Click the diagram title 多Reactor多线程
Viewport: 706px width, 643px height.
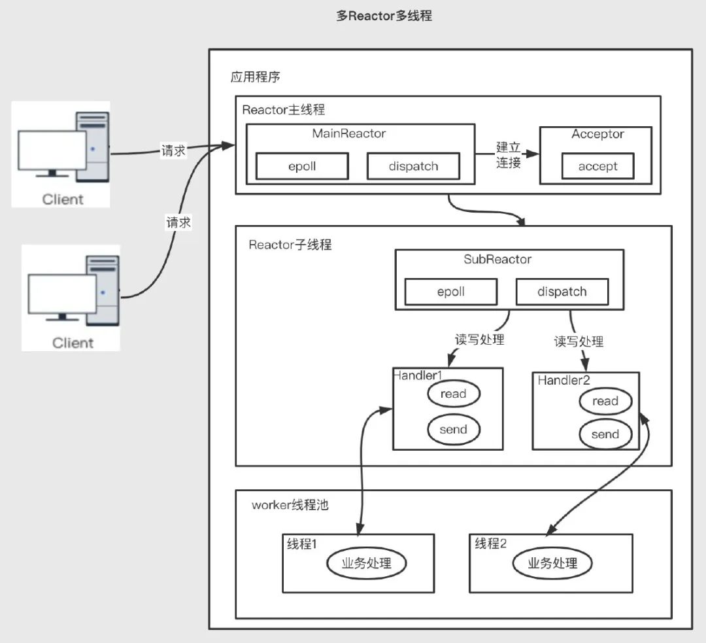pos(384,16)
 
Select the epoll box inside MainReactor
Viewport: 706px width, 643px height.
pos(301,166)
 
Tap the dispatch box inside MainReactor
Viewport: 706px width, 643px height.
pos(413,166)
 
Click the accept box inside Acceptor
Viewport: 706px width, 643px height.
pos(597,166)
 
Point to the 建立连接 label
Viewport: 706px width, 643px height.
pos(508,155)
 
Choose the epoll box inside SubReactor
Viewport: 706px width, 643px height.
pos(450,292)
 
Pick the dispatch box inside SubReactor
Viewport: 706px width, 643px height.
pos(562,292)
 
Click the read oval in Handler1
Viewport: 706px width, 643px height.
pos(454,394)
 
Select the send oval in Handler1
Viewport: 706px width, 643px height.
pos(454,429)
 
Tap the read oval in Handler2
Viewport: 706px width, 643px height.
pos(605,401)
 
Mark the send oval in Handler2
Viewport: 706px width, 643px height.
pos(605,434)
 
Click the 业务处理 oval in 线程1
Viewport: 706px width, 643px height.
pos(366,563)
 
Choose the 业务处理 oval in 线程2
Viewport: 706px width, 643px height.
pos(552,563)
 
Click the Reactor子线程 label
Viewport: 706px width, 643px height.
pos(290,245)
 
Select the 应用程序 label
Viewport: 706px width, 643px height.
pos(255,77)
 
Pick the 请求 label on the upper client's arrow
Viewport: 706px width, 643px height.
pos(173,151)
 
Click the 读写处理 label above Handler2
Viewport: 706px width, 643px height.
pos(579,341)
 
